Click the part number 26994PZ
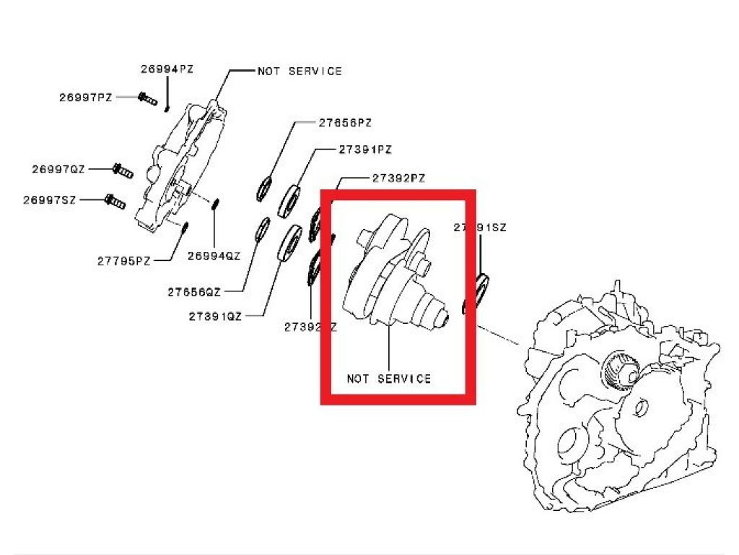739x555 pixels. click(x=167, y=69)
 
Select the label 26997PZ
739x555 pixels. click(x=86, y=97)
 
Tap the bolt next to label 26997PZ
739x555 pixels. click(x=147, y=98)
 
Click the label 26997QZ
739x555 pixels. click(x=58, y=169)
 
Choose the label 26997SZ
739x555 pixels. click(x=49, y=199)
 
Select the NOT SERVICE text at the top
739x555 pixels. click(x=299, y=72)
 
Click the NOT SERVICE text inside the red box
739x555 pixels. click(x=388, y=378)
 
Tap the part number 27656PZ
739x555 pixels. click(x=345, y=123)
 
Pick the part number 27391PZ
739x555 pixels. click(x=364, y=150)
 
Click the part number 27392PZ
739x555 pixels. click(x=398, y=177)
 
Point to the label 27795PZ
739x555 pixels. click(x=124, y=261)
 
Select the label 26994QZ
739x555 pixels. click(x=214, y=255)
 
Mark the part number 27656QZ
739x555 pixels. click(x=194, y=292)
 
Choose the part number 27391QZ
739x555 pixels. click(x=215, y=316)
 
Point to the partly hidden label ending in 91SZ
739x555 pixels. click(x=481, y=227)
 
